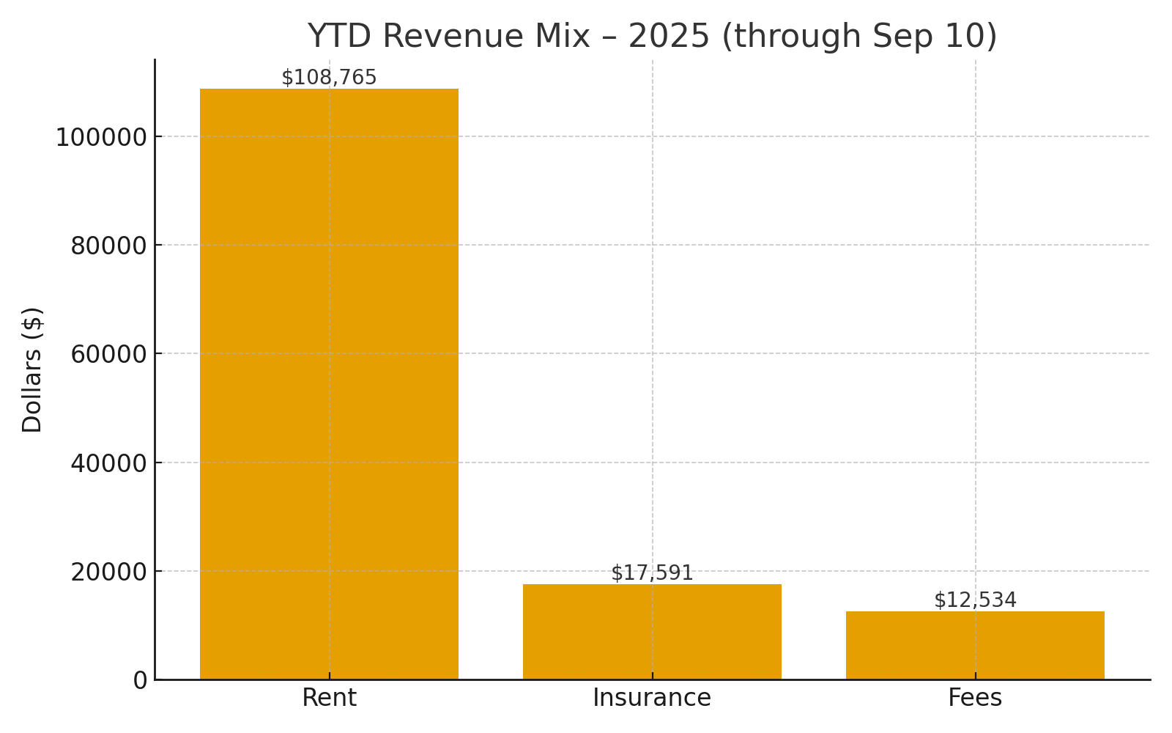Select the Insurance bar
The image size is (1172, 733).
click(652, 632)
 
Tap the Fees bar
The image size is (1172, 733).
click(975, 645)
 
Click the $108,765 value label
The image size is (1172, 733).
click(329, 78)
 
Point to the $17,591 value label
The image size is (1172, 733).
click(652, 573)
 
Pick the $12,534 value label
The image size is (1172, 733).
click(975, 600)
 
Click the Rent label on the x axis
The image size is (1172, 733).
click(329, 698)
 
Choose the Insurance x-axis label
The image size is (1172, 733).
click(652, 698)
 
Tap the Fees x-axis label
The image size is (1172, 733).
click(975, 698)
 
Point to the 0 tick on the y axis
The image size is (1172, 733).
click(140, 680)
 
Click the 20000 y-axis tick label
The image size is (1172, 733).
click(108, 572)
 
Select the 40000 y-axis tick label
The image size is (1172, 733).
click(108, 463)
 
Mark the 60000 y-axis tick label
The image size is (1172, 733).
click(108, 355)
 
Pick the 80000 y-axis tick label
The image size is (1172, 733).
click(108, 246)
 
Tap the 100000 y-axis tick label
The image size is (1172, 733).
click(101, 138)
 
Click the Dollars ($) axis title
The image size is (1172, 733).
click(32, 369)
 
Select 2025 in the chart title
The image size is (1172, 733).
click(669, 37)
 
